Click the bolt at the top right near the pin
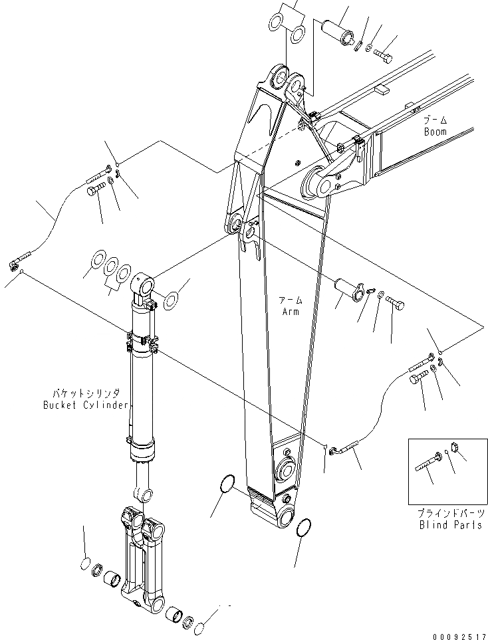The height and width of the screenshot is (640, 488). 383,53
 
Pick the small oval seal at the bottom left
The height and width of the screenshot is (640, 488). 85,564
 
